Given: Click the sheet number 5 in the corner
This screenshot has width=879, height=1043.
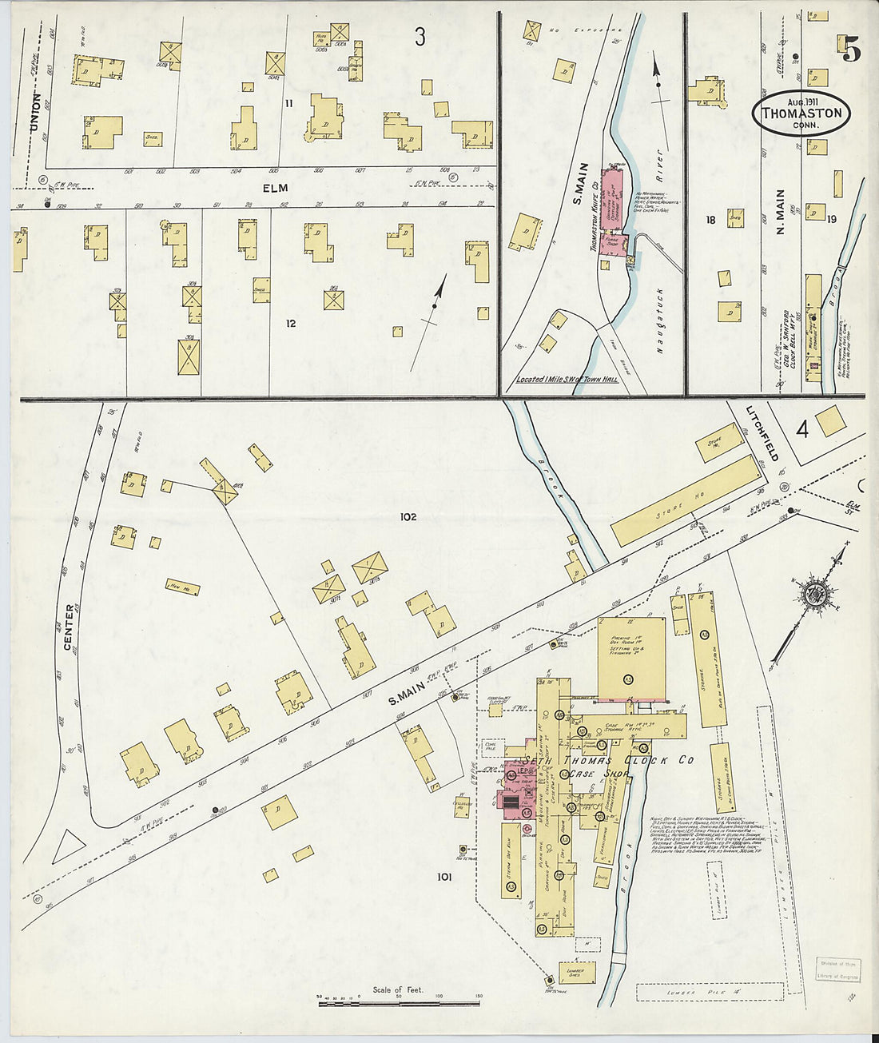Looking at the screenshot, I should (850, 50).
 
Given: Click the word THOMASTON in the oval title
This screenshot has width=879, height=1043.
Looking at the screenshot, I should (801, 113).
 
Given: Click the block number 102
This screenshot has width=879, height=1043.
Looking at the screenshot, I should (408, 517).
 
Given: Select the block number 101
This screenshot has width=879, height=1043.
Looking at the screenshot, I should (443, 877).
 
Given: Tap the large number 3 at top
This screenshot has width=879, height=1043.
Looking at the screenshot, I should (420, 36).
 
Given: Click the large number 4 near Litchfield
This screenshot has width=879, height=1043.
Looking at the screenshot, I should (801, 430).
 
